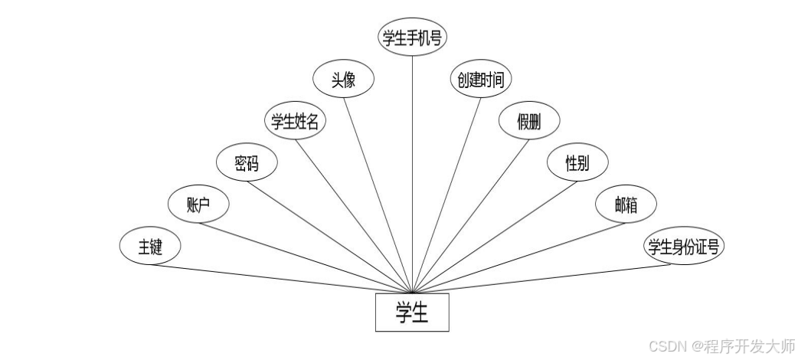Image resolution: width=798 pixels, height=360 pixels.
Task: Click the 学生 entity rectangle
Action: point(412,313)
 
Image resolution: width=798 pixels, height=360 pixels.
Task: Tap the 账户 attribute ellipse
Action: point(198,205)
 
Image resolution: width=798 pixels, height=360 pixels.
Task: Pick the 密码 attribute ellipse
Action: point(246,163)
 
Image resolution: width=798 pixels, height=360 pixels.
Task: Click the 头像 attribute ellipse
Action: point(343,80)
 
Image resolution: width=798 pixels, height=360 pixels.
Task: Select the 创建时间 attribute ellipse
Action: point(480,80)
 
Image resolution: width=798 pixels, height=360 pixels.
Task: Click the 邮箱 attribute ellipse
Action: point(626,205)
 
